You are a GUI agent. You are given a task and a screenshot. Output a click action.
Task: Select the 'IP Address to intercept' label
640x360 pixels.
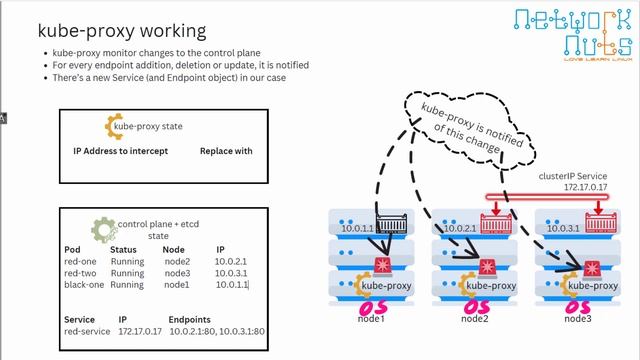pyautogui.click(x=121, y=151)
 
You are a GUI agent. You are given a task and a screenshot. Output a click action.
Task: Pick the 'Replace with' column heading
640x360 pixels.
pyautogui.click(x=226, y=151)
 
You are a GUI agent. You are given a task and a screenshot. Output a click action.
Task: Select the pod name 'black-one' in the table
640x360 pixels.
pyautogui.click(x=81, y=285)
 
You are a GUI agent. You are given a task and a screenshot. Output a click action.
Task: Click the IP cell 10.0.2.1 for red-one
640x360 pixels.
pyautogui.click(x=229, y=261)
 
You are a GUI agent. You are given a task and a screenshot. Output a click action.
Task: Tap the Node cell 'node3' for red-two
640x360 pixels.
pyautogui.click(x=176, y=273)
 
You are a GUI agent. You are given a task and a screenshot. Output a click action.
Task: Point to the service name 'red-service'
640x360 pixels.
pyautogui.click(x=85, y=330)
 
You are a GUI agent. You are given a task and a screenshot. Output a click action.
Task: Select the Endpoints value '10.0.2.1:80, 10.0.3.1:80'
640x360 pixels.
pyautogui.click(x=217, y=330)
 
